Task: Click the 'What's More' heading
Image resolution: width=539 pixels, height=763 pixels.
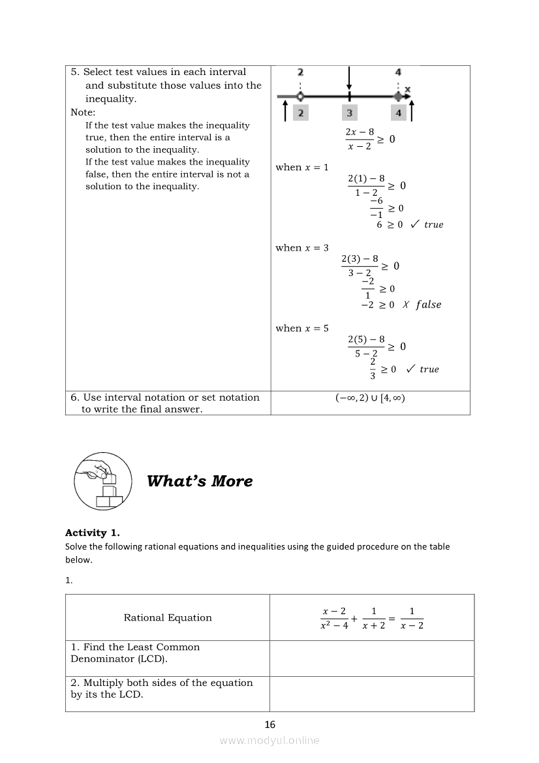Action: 200,481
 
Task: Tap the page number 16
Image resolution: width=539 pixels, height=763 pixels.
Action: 270,724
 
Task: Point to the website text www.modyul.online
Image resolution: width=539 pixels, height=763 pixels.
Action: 269,740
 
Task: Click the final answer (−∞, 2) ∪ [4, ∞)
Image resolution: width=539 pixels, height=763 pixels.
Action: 370,397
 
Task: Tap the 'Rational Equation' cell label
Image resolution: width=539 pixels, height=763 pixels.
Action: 168,617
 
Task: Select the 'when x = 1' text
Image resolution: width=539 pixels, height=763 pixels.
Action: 302,167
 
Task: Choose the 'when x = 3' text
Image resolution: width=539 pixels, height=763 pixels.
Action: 302,247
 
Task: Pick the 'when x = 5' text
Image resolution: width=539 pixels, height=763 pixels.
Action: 302,328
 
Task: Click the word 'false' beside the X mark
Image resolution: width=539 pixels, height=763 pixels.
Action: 428,305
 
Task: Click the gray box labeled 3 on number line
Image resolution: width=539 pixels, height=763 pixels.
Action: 349,113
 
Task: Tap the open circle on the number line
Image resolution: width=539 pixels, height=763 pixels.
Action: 300,97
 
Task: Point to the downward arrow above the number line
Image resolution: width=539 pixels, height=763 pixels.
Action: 349,78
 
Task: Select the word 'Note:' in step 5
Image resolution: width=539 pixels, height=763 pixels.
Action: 83,112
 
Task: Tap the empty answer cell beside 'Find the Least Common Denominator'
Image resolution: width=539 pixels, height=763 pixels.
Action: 372,658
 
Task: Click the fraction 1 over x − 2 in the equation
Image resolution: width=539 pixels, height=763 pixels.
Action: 412,617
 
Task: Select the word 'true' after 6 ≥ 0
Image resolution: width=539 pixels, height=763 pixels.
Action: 433,225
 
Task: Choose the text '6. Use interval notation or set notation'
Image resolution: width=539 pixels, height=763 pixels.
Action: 165,397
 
